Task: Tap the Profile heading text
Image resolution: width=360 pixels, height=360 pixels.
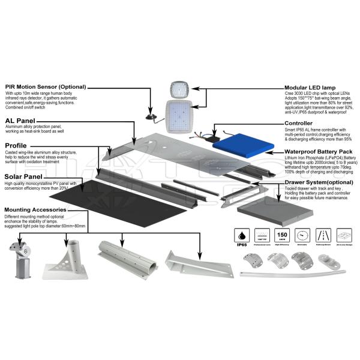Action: tap(17, 145)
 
